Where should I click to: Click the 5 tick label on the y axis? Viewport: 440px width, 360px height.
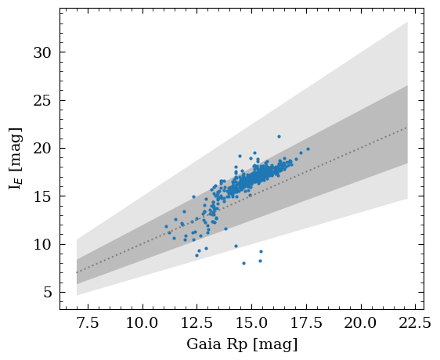coord(47,293)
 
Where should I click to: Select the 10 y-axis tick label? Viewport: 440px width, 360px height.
coord(43,244)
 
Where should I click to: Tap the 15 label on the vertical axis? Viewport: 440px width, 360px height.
coord(43,196)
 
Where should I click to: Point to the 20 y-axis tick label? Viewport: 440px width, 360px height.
coord(43,149)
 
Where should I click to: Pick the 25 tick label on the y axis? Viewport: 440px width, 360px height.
coord(43,100)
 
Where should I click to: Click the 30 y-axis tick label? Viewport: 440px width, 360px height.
coord(43,52)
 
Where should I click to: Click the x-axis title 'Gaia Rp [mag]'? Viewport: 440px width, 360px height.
coord(242,344)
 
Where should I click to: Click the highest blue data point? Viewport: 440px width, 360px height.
coord(279,136)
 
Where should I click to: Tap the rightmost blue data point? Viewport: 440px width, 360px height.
coord(308,149)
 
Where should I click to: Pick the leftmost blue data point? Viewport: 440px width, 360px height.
coord(166,226)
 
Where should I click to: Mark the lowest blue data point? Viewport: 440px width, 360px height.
coord(243,263)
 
